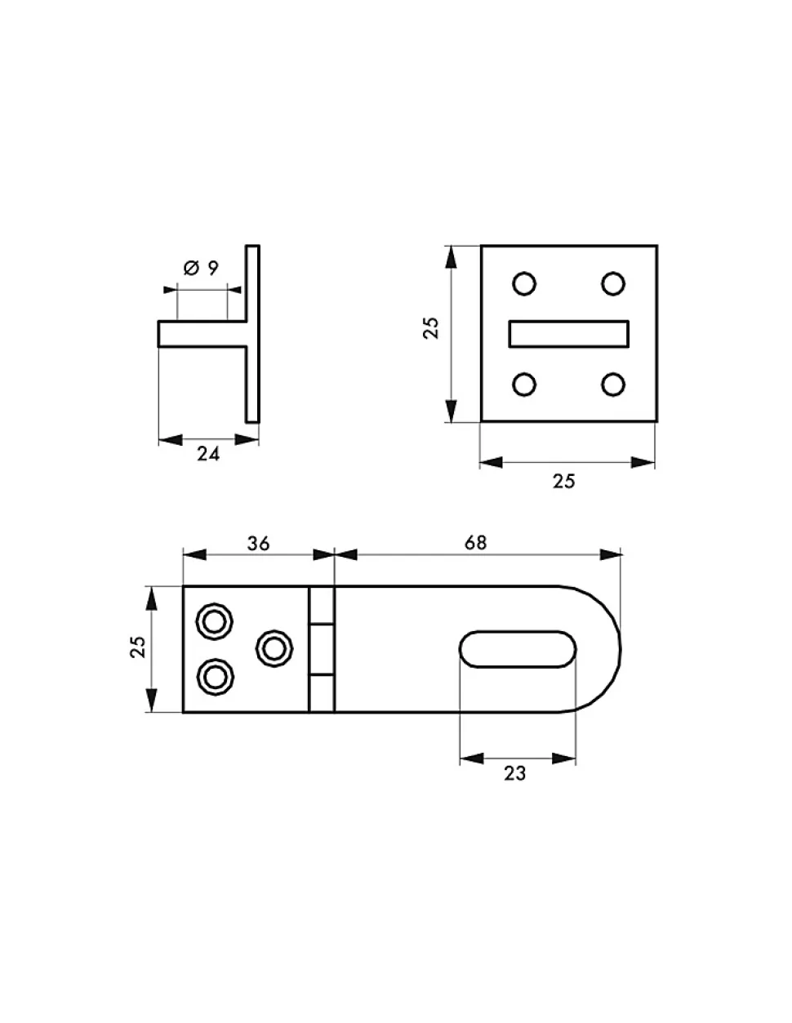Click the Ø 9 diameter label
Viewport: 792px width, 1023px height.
click(201, 268)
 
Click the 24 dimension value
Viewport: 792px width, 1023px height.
click(208, 454)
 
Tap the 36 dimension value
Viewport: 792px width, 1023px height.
click(258, 544)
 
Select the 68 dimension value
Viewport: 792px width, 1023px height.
click(475, 543)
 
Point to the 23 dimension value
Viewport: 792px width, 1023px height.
click(514, 773)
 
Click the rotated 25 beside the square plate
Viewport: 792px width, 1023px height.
click(431, 328)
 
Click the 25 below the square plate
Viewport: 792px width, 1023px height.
click(563, 481)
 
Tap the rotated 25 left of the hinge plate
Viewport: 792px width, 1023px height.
click(138, 647)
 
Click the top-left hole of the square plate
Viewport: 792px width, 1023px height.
click(523, 284)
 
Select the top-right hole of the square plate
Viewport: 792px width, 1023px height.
click(613, 284)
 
